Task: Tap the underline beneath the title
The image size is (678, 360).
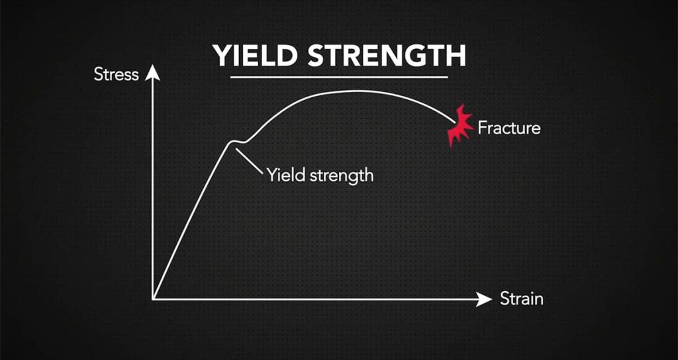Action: tap(339, 77)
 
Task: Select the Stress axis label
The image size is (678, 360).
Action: tap(117, 74)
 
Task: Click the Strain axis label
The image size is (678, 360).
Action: tap(522, 298)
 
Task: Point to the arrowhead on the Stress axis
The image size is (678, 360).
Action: tap(152, 72)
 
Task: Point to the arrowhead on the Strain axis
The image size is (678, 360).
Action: tap(484, 299)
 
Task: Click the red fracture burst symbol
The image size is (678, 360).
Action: tap(460, 126)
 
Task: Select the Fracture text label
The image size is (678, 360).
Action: tap(509, 128)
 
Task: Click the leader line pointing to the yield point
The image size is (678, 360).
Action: tap(249, 161)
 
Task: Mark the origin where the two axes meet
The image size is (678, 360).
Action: tap(153, 299)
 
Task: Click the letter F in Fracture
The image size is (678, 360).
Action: tap(482, 128)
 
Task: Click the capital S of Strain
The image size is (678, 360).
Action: tap(505, 298)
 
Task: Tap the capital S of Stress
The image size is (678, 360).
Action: tap(99, 74)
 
